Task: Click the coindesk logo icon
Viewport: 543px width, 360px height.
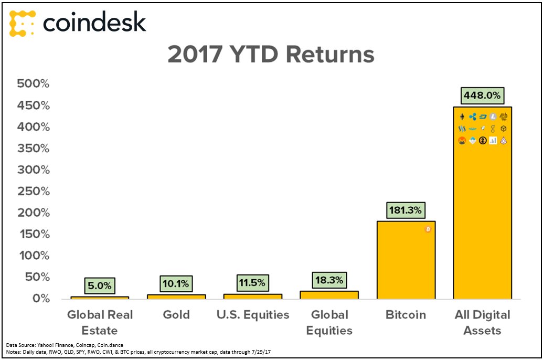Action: coord(22,23)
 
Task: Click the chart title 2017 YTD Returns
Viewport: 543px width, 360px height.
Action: coord(271,55)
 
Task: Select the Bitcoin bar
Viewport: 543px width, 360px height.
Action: coord(406,260)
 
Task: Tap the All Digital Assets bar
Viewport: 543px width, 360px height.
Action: coord(482,203)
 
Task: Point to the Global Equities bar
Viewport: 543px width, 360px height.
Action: coord(329,295)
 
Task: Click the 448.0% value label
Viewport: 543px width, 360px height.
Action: coord(482,96)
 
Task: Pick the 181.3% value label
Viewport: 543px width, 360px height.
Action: coord(405,210)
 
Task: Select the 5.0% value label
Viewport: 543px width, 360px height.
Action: coord(99,286)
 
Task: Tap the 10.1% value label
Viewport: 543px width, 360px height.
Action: coord(176,284)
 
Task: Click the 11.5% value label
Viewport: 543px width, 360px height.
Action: coord(252,283)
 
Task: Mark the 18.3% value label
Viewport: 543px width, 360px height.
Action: coord(329,280)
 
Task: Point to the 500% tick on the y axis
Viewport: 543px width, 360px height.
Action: coord(34,83)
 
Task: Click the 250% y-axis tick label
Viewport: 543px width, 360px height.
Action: coord(34,191)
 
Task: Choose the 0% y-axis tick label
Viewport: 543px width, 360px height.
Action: coord(41,298)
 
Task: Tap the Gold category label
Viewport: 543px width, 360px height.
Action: coord(176,315)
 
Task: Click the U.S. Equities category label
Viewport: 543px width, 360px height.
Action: coord(253,315)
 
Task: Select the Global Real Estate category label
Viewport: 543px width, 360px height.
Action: coord(100,322)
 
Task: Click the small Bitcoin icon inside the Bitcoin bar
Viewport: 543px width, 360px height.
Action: coord(428,229)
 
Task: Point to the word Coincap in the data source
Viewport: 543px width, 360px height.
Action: coord(85,345)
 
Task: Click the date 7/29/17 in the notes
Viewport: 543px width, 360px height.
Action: coord(261,352)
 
